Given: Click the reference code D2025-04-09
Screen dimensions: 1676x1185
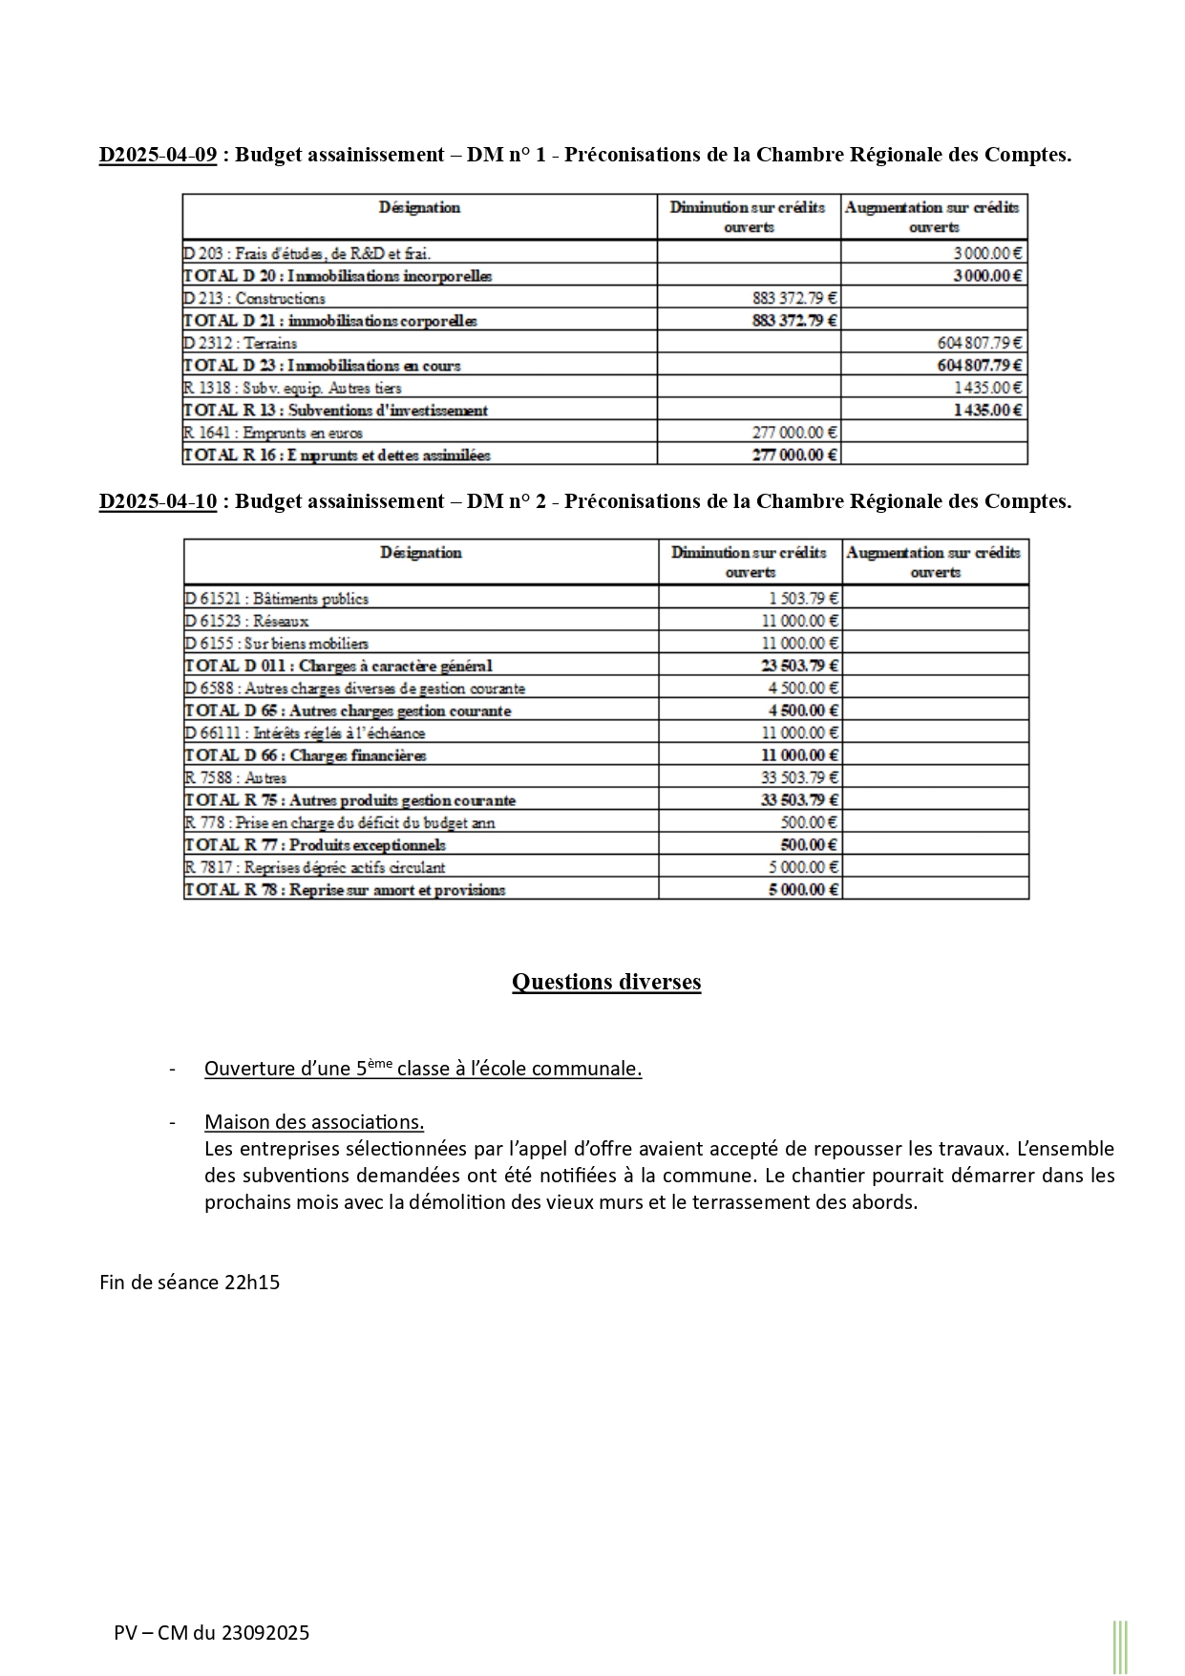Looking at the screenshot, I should point(158,155).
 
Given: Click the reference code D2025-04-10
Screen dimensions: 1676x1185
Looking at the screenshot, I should point(158,501).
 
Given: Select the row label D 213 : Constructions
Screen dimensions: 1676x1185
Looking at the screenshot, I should point(254,298).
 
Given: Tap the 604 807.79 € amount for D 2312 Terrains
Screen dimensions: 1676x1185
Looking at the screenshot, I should point(979,343).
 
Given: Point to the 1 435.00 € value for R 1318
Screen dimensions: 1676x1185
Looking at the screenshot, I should point(987,388).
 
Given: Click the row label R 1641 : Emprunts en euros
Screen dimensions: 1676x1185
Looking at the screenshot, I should point(273,433).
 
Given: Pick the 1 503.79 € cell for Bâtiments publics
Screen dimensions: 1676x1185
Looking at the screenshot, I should point(803,599).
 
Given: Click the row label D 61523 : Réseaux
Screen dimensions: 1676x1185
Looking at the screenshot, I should point(246,621).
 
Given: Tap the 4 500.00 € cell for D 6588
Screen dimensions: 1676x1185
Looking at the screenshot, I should point(803,688).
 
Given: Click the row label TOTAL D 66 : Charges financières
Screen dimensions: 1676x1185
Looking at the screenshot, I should point(306,755).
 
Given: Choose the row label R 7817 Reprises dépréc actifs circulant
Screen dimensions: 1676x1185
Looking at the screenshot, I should point(315,867).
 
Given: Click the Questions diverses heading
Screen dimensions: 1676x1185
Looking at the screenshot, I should point(606,982).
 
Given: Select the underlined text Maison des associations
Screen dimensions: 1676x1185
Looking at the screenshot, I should point(314,1122).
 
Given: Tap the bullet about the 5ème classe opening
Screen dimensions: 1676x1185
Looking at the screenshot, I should point(423,1069).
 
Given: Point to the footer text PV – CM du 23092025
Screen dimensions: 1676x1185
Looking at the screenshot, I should point(212,1632).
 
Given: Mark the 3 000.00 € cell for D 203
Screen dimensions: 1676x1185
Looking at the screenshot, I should point(987,253).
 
